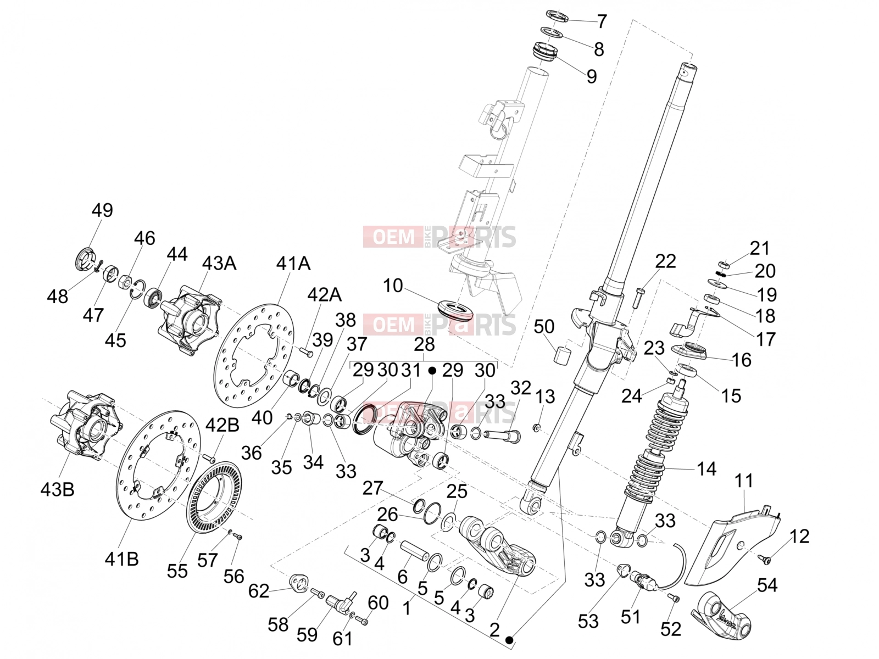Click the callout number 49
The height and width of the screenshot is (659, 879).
click(103, 210)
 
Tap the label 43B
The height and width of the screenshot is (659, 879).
click(57, 489)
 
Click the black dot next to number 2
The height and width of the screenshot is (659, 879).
click(509, 640)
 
